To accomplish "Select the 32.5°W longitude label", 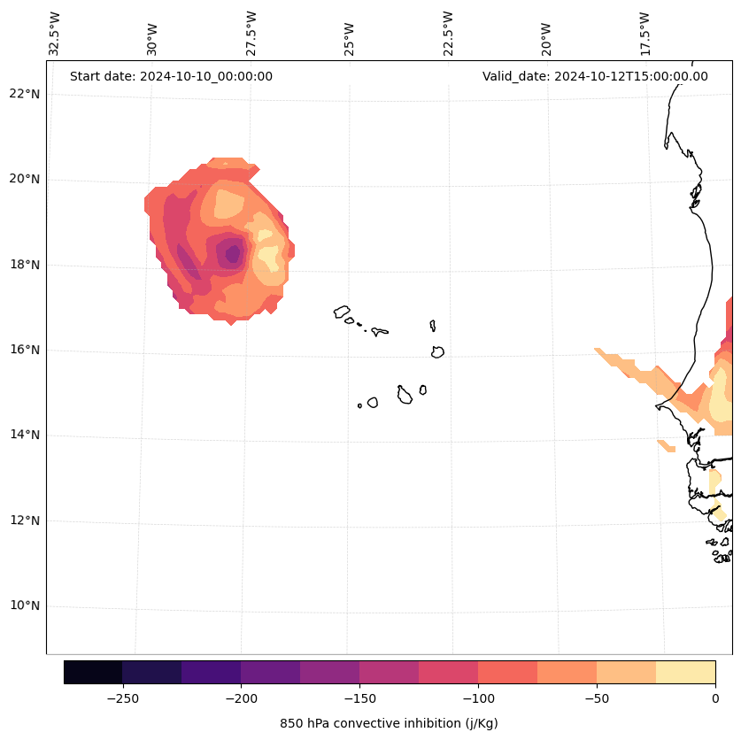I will click(55, 34).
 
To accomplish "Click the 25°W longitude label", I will click(350, 38).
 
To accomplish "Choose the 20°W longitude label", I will click(546, 38).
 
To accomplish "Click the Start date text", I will click(171, 76).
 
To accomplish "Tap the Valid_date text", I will click(595, 76).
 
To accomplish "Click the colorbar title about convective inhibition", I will click(389, 723).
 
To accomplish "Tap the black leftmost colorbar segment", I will click(93, 672).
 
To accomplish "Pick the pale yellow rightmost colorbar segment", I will click(685, 672).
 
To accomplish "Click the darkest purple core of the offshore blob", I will click(232, 254).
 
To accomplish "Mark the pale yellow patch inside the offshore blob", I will click(268, 257).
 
